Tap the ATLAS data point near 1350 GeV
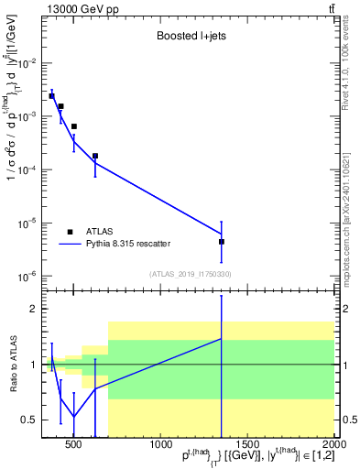click(222, 242)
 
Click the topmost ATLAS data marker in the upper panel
click(51, 95)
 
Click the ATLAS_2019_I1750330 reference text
click(190, 274)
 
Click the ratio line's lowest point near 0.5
click(73, 417)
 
